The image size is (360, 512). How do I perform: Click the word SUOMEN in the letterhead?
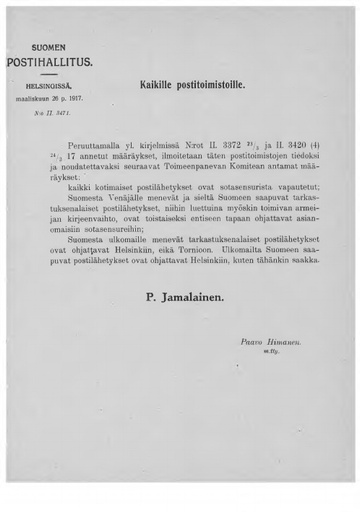pyautogui.click(x=51, y=47)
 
